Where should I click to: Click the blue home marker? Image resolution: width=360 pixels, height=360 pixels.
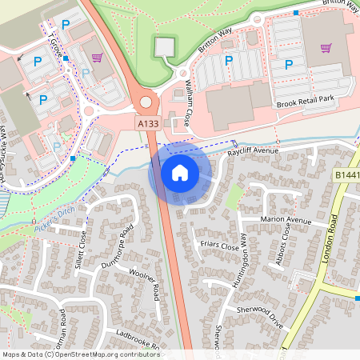180,172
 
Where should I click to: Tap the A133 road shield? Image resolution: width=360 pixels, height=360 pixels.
148,124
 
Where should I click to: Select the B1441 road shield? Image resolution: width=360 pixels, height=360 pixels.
346,174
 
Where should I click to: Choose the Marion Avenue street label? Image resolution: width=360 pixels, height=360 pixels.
286,220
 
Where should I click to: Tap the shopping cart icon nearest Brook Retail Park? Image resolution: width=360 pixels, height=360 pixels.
326,47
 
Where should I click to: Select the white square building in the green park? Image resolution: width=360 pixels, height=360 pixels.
164,47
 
